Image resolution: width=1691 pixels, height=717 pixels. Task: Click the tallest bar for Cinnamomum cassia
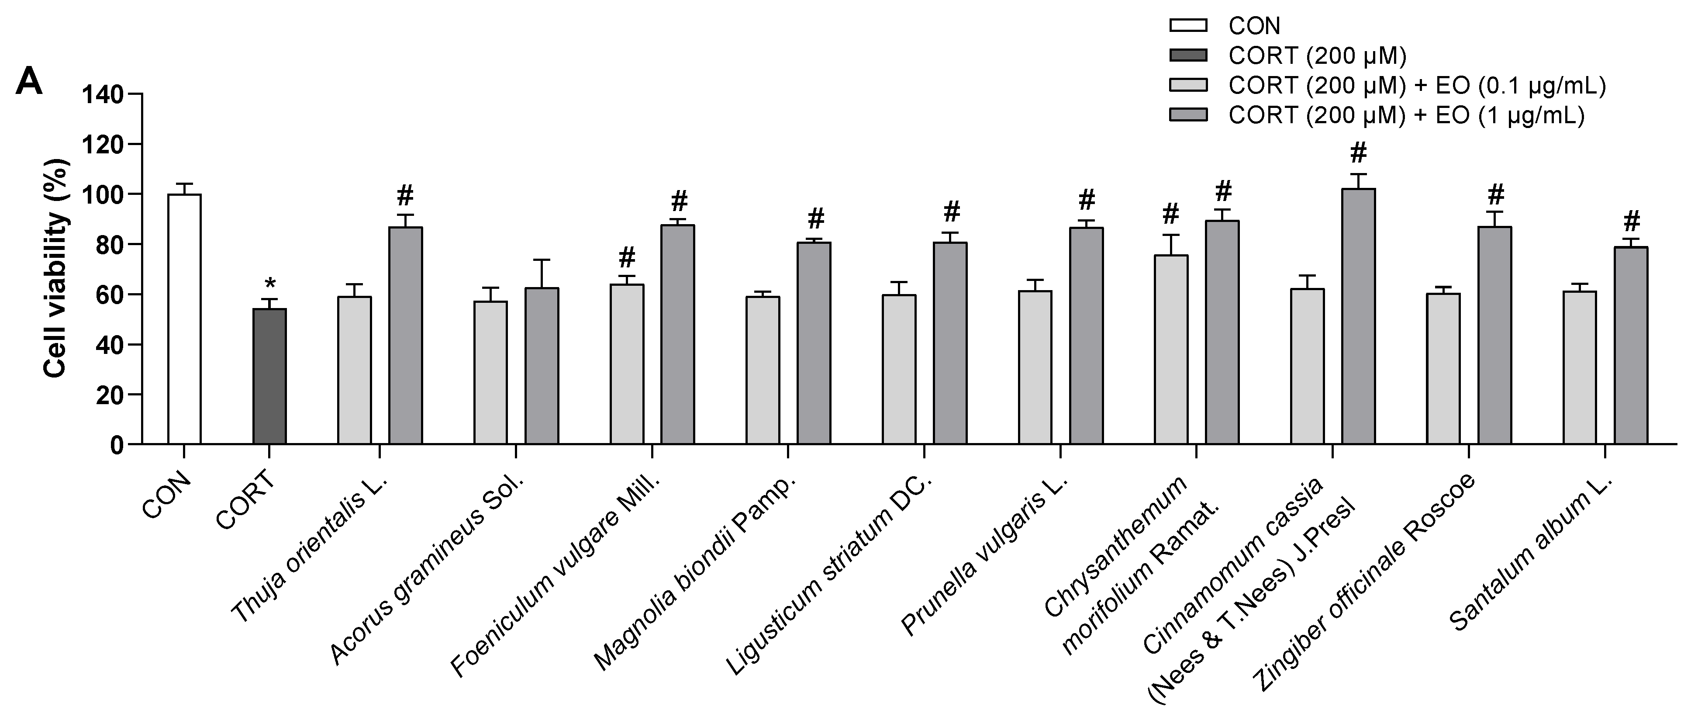[1358, 316]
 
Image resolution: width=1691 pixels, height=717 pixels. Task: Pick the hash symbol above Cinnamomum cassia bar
[1358, 154]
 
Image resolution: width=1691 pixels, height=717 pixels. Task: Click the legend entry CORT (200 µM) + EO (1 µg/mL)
[1405, 115]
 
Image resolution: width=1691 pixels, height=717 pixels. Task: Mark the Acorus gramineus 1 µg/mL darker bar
[542, 366]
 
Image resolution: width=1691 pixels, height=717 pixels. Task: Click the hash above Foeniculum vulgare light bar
[627, 256]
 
